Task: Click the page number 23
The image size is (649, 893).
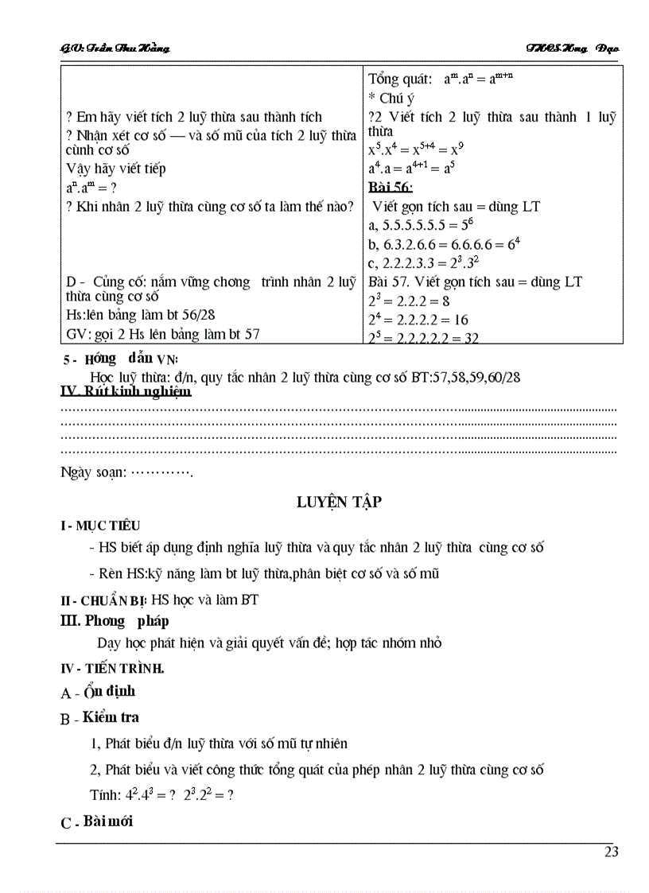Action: tap(611, 852)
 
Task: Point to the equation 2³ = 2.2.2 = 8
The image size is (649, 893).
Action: tap(409, 301)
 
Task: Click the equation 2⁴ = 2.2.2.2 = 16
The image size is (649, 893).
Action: tap(417, 320)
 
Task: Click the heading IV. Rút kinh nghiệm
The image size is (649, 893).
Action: tap(126, 391)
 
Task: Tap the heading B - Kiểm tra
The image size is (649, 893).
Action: tap(99, 717)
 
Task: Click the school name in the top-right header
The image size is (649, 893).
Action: tap(572, 49)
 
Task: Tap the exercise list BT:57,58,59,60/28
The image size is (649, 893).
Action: tap(465, 377)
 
